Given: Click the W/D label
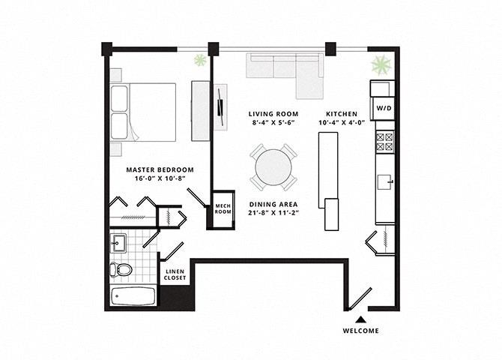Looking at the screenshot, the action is [384, 108].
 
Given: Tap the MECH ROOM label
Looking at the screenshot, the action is [223, 208].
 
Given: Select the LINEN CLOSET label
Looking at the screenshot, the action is [175, 274].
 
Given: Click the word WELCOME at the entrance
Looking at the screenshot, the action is [361, 331].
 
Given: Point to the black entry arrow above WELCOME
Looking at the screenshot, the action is [361, 319].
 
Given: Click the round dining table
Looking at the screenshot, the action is [273, 167].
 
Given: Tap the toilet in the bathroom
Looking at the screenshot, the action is [121, 269].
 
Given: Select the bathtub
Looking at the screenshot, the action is [133, 296].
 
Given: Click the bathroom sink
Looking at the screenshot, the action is [118, 243].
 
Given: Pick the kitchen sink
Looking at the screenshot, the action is [384, 182].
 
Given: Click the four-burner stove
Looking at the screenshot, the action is [384, 142].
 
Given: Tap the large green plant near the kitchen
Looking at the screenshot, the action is [381, 64].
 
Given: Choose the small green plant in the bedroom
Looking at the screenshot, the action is [200, 60].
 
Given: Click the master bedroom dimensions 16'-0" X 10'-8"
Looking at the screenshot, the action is [160, 178].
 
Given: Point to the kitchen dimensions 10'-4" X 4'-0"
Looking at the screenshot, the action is [342, 122].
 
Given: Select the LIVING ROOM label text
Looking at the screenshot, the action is [273, 114].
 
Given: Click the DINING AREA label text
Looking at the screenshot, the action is [273, 204].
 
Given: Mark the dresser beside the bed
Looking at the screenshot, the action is [201, 111].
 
